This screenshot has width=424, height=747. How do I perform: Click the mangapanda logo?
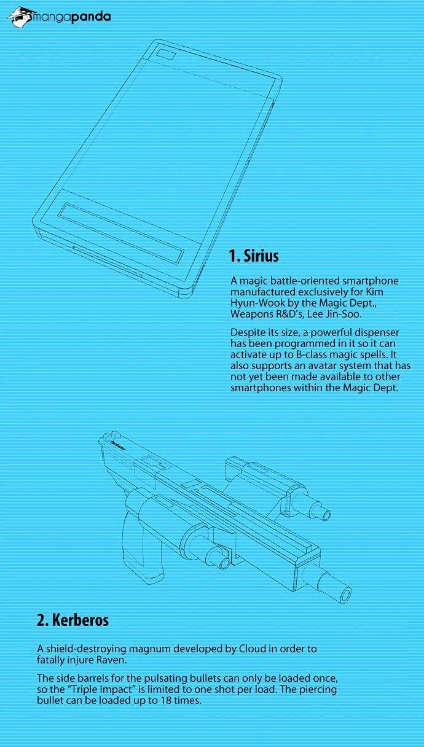[x=59, y=17]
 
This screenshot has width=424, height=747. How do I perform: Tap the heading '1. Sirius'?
[x=254, y=256]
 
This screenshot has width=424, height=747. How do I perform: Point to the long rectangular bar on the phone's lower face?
[x=121, y=232]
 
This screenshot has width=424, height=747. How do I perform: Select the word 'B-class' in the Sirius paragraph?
[x=313, y=354]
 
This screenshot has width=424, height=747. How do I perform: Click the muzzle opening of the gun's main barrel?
[x=345, y=595]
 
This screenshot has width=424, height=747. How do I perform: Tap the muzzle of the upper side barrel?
[x=325, y=515]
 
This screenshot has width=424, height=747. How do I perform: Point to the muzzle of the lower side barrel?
[x=224, y=563]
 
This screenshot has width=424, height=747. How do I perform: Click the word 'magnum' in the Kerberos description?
[x=150, y=649]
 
